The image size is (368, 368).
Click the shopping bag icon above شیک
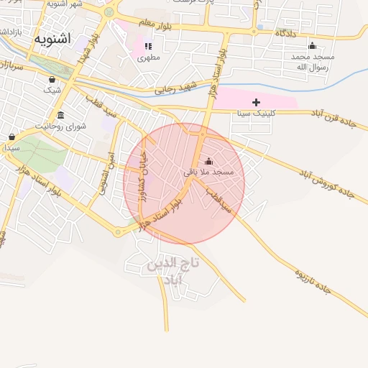52,79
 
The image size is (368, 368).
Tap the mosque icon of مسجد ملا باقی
209,161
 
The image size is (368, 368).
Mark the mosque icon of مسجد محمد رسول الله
312,45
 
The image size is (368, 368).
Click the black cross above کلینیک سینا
256,103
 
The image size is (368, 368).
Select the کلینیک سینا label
255,114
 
